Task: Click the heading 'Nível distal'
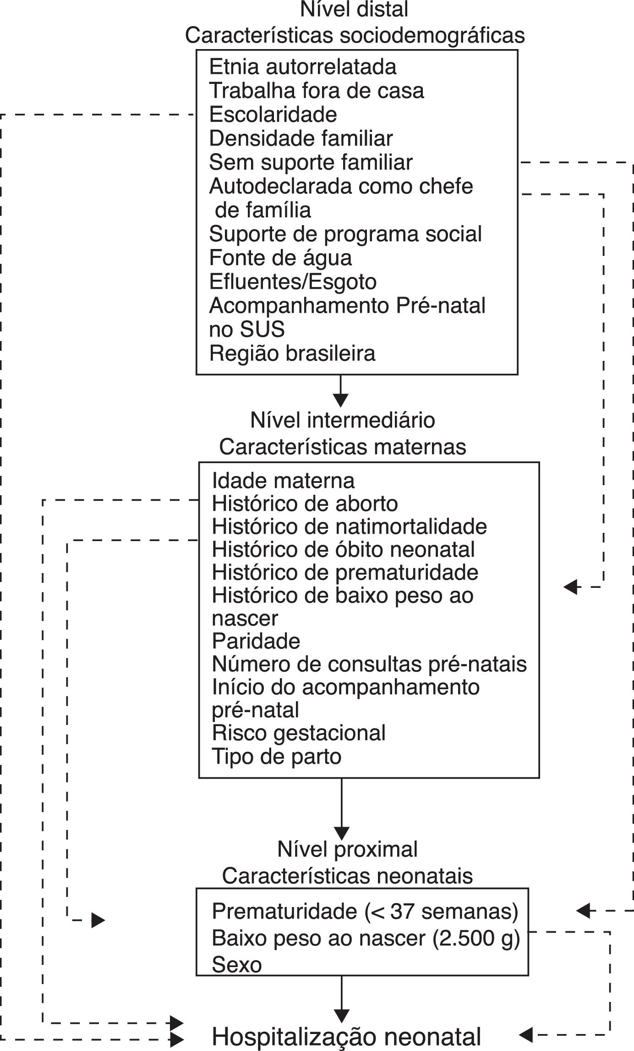[x=354, y=10]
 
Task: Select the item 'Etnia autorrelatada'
[x=303, y=67]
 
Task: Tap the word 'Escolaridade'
[x=273, y=115]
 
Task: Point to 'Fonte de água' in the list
[x=280, y=258]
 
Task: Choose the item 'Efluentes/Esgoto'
[x=293, y=282]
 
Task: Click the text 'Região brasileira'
[x=292, y=353]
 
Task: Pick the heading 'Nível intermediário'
[x=343, y=420]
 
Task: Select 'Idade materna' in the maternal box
[x=283, y=481]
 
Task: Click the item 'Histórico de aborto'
[x=305, y=504]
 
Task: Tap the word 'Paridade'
[x=256, y=641]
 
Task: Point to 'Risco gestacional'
[x=299, y=733]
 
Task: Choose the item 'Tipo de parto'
[x=277, y=756]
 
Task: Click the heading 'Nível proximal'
[x=347, y=849]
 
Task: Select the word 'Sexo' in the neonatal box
[x=237, y=965]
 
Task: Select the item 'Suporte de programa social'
[x=345, y=234]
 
